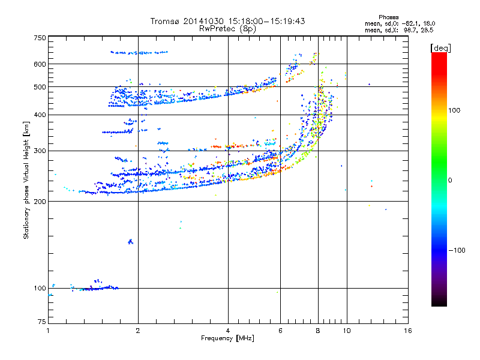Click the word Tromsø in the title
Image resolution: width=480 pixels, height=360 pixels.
[x=165, y=21]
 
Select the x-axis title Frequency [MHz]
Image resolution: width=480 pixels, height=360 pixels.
[x=227, y=338]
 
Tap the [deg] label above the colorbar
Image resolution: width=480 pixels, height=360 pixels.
[x=440, y=47]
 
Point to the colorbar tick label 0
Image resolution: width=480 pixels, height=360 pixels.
[x=450, y=180]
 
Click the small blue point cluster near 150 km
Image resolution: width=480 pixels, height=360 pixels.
[x=130, y=242]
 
